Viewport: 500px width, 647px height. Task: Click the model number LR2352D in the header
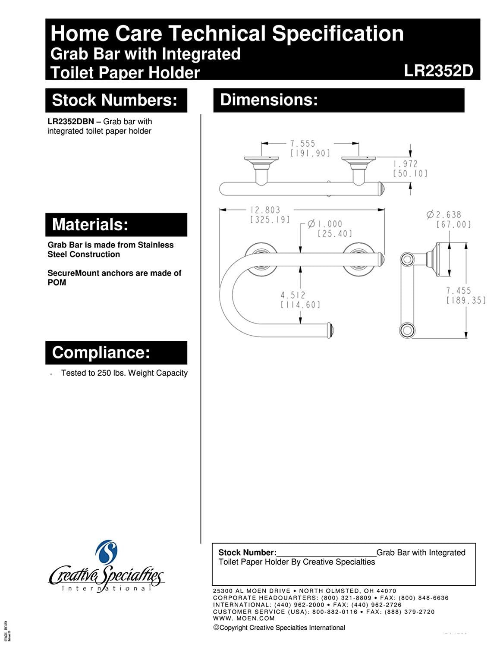tap(438, 71)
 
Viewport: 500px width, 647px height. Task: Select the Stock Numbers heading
tap(115, 100)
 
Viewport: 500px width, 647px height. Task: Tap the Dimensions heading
tap(269, 100)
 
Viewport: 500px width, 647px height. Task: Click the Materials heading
tap(90, 225)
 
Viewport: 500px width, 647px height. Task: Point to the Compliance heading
tap(101, 353)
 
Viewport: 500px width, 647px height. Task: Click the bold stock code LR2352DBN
tap(71, 122)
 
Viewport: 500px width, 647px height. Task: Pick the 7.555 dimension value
tap(302, 143)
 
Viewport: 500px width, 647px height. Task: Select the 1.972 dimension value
tap(405, 164)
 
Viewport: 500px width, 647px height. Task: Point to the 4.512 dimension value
tap(293, 295)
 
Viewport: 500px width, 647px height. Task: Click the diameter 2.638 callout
tap(443, 214)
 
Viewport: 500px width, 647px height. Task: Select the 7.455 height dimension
tap(459, 290)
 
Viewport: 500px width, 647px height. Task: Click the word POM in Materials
tap(57, 283)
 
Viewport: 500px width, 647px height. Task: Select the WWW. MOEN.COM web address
tap(244, 619)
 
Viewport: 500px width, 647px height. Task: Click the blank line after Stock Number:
tap(326, 553)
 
